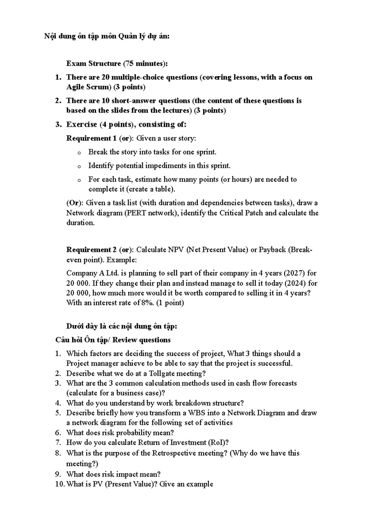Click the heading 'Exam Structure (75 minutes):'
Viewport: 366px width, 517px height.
[117, 64]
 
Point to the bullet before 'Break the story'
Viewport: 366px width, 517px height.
[79, 153]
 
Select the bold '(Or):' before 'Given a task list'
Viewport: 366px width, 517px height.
[75, 203]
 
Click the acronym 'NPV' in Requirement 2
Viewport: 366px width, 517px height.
[176, 250]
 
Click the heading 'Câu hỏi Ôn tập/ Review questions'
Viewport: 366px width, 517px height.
[113, 340]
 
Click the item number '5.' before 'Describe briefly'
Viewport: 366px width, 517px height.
[58, 413]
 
